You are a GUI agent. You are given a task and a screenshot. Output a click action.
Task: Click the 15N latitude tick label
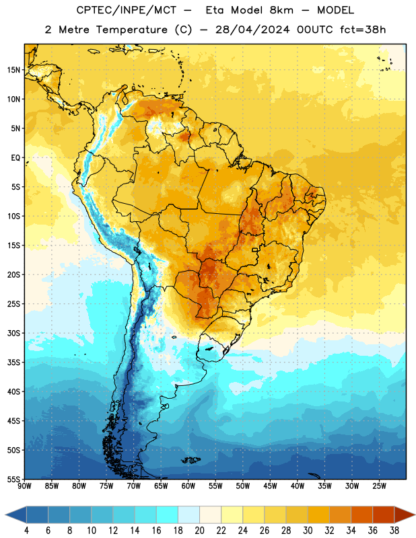coord(13,70)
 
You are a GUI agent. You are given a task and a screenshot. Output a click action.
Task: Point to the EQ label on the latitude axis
coord(15,158)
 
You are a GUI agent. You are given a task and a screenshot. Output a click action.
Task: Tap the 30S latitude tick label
coord(13,333)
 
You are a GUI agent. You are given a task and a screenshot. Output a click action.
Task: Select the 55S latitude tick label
coord(13,479)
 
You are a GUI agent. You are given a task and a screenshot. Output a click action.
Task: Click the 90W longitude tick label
coord(24,486)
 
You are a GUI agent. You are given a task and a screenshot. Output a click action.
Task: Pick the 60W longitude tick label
coord(188,486)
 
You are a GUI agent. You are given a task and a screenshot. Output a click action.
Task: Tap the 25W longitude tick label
coord(379,486)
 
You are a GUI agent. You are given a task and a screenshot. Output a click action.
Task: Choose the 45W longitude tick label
coord(270,486)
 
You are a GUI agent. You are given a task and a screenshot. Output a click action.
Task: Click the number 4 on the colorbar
coord(26,531)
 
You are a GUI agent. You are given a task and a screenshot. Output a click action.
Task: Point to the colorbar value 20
coord(199,531)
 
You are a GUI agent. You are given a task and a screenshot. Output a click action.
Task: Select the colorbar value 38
coord(394,531)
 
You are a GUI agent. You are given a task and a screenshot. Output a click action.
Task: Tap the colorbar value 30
coord(308,531)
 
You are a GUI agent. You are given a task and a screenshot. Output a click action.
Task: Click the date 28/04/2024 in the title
coord(252,30)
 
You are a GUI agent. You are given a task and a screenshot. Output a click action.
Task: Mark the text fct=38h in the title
coord(363,30)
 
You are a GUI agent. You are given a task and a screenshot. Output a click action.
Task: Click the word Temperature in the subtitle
coord(132,30)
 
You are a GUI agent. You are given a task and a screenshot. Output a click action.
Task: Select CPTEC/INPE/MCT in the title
coord(126,10)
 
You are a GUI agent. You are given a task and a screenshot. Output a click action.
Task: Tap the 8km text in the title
coord(281,10)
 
